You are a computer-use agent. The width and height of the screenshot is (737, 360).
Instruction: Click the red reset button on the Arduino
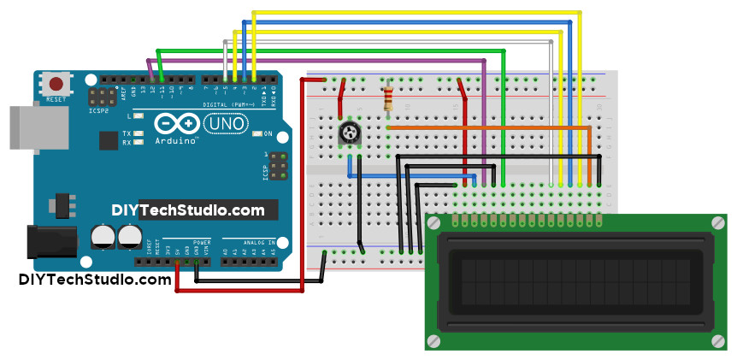[56, 85]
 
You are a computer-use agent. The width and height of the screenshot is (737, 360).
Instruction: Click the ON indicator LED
[258, 134]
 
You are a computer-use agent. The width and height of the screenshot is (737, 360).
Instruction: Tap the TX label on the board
[127, 133]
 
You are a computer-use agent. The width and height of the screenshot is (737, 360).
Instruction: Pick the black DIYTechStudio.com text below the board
[95, 280]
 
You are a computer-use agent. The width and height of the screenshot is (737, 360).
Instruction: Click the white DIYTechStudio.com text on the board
[188, 210]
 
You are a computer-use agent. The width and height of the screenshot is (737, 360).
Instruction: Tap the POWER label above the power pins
[202, 243]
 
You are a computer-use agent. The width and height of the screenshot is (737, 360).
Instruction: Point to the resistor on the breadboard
[390, 97]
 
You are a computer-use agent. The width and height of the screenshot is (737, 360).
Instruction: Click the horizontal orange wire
[487, 127]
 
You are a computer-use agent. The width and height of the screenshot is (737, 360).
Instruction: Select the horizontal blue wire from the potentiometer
[410, 175]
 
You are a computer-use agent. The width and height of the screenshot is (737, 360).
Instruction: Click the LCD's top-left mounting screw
[435, 223]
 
